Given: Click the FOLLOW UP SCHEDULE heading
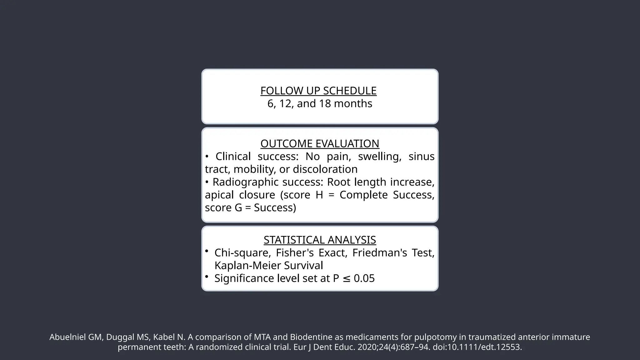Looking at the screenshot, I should coord(318,91).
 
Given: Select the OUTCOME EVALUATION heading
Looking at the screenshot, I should coord(320,144).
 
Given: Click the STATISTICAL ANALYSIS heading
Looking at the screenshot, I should coord(320,240).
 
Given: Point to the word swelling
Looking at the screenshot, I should coord(380,157).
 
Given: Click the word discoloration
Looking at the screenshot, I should coord(325,169).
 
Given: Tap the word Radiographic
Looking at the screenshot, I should coord(245,182).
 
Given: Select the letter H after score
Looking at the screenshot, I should coord(319,195).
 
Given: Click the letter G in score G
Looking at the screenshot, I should coord(238,208).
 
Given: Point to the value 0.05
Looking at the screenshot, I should coord(364,278).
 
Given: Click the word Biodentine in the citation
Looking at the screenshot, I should coord(307,337).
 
